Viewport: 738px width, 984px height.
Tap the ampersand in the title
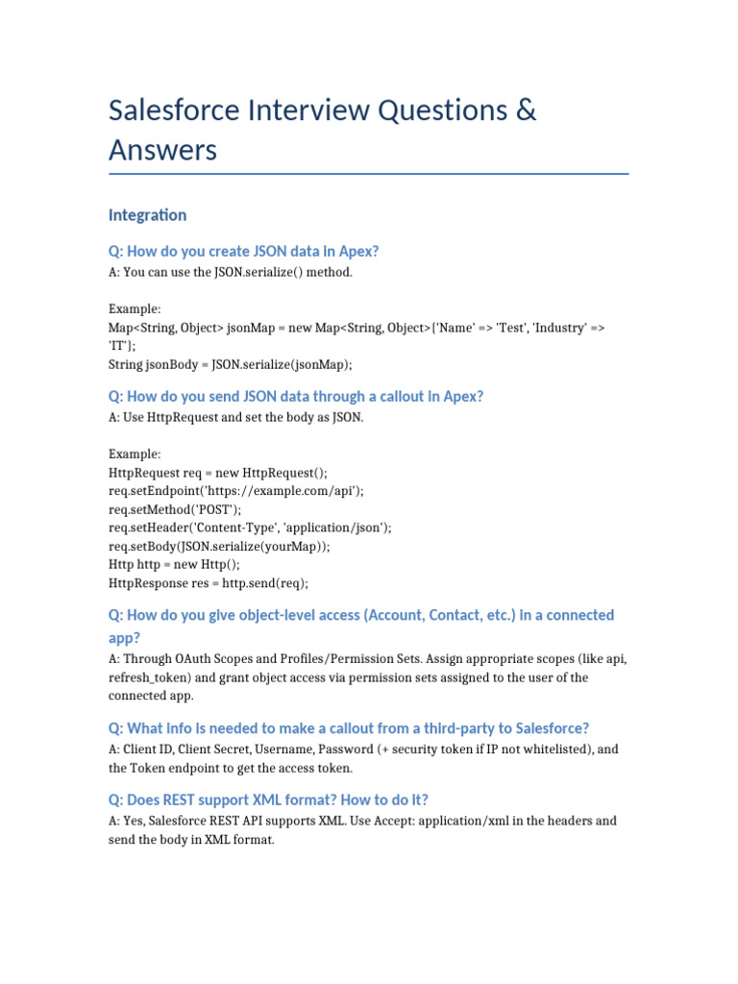tap(524, 111)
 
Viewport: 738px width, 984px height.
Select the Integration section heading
tap(148, 215)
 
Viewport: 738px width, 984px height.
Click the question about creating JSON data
tap(244, 252)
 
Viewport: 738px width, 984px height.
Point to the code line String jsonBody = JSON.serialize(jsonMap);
tap(231, 364)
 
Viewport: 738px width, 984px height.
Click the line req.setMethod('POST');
tap(176, 509)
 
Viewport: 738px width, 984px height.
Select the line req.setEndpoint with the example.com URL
tap(236, 491)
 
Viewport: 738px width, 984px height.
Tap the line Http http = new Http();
tap(174, 565)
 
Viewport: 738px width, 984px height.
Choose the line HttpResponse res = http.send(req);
tap(209, 583)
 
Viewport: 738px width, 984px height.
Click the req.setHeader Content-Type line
tap(250, 528)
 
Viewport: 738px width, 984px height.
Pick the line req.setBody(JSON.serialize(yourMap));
tap(233, 546)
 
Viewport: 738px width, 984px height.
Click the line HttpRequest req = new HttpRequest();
tap(218, 473)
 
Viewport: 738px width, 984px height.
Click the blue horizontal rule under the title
tap(369, 174)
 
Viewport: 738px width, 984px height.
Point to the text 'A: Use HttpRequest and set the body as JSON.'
tap(236, 418)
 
